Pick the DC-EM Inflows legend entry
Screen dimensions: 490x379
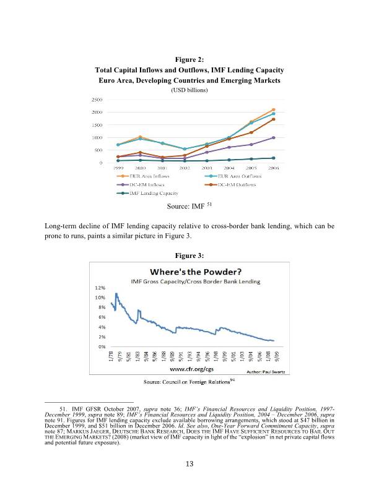point(142,185)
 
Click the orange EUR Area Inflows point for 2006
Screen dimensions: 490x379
point(273,110)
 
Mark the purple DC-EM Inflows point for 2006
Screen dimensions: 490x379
point(273,138)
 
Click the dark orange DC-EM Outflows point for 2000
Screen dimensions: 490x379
point(140,152)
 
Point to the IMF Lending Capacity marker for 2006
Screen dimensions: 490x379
point(273,158)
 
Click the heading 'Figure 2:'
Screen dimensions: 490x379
point(189,60)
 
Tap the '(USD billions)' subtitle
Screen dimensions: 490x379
point(189,90)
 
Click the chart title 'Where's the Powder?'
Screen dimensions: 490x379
point(189,272)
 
